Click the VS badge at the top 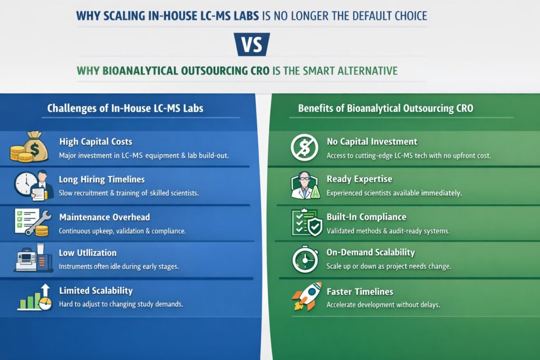tap(252, 44)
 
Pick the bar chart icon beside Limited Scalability tap(34, 297)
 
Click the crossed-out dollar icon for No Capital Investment tap(304, 148)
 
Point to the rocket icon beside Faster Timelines tap(306, 296)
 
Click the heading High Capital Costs tap(95, 141)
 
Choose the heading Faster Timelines tap(360, 291)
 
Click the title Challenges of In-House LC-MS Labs tap(125, 109)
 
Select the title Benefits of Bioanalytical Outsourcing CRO tap(385, 109)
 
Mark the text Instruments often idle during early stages tap(119, 266)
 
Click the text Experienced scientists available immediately tap(394, 193)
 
